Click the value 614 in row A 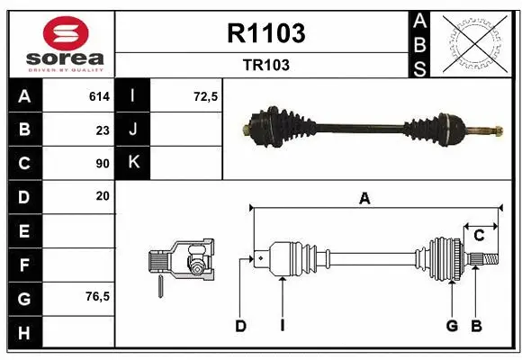tap(98, 96)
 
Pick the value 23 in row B tap(102, 130)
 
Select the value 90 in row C tap(102, 163)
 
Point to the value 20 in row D tap(102, 195)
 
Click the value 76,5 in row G tap(97, 296)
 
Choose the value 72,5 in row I tap(206, 96)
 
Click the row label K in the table tap(133, 163)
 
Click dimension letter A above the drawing tap(364, 200)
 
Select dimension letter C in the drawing tap(479, 236)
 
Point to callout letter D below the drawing tap(240, 326)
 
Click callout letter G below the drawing tap(452, 326)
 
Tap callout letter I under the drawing tap(282, 326)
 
